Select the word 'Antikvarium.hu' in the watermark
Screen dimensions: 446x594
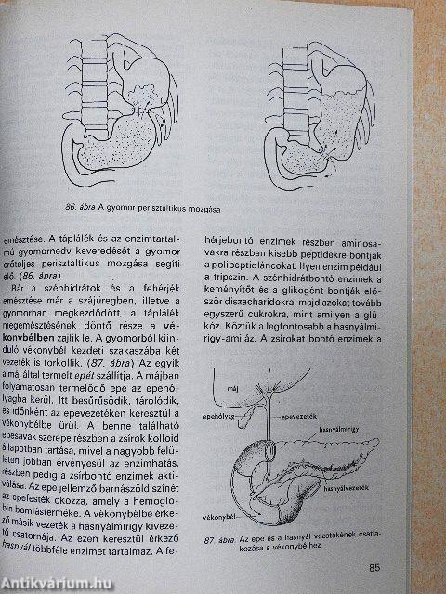click(51, 583)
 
